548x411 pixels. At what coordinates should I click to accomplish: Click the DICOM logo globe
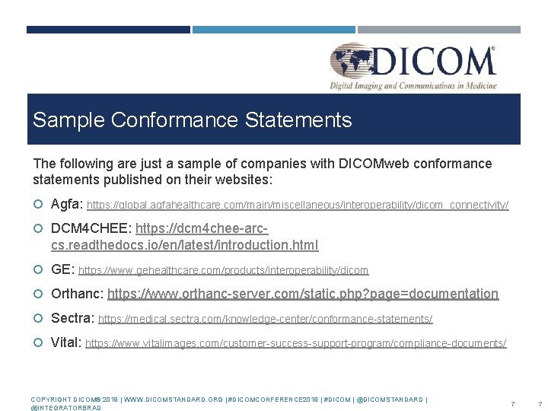tap(353, 63)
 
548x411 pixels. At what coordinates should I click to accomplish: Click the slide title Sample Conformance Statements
tap(192, 120)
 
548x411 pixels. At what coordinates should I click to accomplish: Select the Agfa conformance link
tap(298, 205)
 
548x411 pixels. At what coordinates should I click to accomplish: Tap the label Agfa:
tap(67, 204)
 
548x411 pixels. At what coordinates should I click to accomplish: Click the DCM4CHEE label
tap(91, 228)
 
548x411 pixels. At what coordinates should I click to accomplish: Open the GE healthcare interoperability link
tap(223, 270)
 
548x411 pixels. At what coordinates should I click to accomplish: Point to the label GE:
tap(62, 269)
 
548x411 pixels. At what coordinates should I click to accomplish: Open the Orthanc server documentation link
tap(303, 294)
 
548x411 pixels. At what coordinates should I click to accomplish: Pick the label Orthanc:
tap(77, 294)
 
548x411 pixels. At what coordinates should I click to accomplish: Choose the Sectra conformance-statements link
tap(266, 319)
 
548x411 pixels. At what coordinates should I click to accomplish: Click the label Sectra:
tap(73, 318)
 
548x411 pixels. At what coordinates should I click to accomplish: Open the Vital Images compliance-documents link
tap(295, 343)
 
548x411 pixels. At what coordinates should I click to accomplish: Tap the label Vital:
tap(66, 342)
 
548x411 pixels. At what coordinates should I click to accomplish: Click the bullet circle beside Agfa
tap(39, 204)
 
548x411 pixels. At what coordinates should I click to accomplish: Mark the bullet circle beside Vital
tap(39, 342)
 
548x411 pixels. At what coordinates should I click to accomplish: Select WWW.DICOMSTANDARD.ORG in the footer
tap(174, 400)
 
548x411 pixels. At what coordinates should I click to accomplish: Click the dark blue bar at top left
tap(108, 30)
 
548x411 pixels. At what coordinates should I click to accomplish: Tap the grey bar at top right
tap(439, 30)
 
